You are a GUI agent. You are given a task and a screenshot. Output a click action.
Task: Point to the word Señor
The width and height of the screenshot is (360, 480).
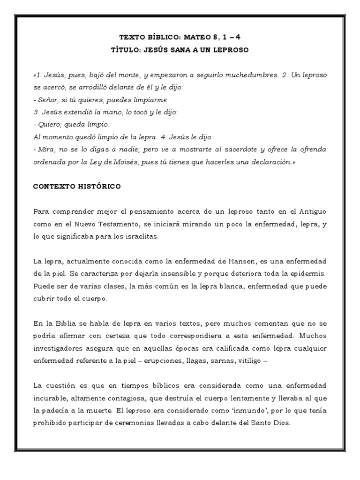[47, 100]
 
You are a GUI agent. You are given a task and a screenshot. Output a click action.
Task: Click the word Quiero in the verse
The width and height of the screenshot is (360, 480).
[48, 125]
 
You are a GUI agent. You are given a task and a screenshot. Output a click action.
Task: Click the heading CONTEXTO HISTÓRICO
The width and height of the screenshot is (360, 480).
[76, 186]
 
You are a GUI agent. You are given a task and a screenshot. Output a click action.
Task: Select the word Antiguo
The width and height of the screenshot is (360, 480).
[311, 212]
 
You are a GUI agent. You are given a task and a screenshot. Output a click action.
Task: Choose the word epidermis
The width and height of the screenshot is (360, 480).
[307, 273]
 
